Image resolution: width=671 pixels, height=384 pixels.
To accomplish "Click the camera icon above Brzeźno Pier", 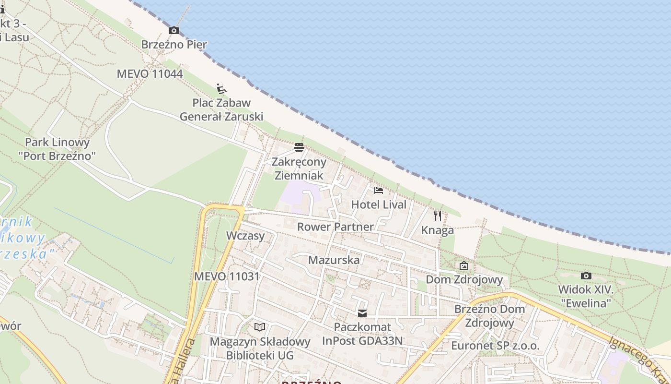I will [x=174, y=31].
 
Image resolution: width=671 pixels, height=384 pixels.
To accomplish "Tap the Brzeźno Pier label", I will [x=174, y=45].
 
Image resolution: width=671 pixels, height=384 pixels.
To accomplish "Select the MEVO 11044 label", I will [x=150, y=74].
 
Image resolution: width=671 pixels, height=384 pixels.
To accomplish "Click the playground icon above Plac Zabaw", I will [x=221, y=89].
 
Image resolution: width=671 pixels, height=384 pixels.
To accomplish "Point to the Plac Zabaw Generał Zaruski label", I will [x=221, y=109].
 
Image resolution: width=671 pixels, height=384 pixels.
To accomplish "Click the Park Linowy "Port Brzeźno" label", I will [x=57, y=149].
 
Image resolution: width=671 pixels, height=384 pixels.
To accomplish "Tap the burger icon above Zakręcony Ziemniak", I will [x=299, y=147].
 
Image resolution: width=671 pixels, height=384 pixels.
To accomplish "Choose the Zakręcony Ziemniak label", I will [x=299, y=168].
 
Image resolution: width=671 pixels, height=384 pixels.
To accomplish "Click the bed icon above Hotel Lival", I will [x=379, y=190].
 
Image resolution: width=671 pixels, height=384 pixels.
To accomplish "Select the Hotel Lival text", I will [x=379, y=204].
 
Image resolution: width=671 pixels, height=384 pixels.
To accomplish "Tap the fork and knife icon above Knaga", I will [x=437, y=216].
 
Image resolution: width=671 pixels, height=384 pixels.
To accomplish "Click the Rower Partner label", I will [x=335, y=227].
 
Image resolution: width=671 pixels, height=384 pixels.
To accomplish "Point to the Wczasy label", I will [x=245, y=236].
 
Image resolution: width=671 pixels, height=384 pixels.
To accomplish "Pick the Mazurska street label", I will [x=334, y=260].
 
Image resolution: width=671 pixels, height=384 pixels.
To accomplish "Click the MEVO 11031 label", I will [x=227, y=276].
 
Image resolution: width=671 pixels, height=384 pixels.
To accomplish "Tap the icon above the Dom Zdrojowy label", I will [x=463, y=265].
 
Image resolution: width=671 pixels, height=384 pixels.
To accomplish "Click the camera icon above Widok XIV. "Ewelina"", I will [x=586, y=276].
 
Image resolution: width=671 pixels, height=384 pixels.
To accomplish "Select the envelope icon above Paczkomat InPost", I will [x=362, y=313].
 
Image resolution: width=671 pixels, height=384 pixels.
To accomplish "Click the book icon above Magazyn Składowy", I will [x=260, y=327].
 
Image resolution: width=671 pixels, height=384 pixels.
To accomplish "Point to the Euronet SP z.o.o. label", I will [x=495, y=346].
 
